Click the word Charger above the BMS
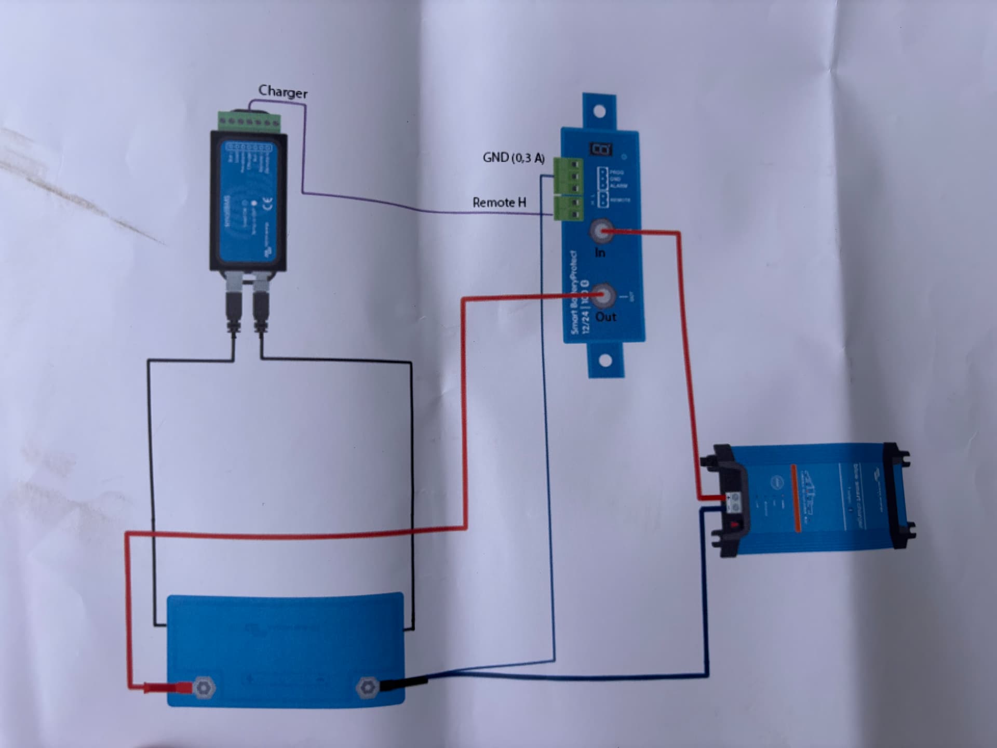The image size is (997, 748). point(283,92)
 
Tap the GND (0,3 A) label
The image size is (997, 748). point(514,157)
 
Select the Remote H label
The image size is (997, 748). point(499,202)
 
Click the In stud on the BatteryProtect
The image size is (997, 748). point(601,231)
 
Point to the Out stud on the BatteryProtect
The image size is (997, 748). point(602,296)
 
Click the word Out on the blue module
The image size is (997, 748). point(605,317)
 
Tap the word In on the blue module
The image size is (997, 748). point(600,253)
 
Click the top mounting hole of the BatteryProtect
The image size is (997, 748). point(599,111)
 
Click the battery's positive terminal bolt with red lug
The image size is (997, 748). point(204,688)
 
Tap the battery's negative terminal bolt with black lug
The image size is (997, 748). point(368,687)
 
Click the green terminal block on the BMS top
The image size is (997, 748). point(250,122)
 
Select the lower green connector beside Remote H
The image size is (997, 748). point(568,208)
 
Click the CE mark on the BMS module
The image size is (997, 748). point(269,204)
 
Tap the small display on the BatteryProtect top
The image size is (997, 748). point(601,149)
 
